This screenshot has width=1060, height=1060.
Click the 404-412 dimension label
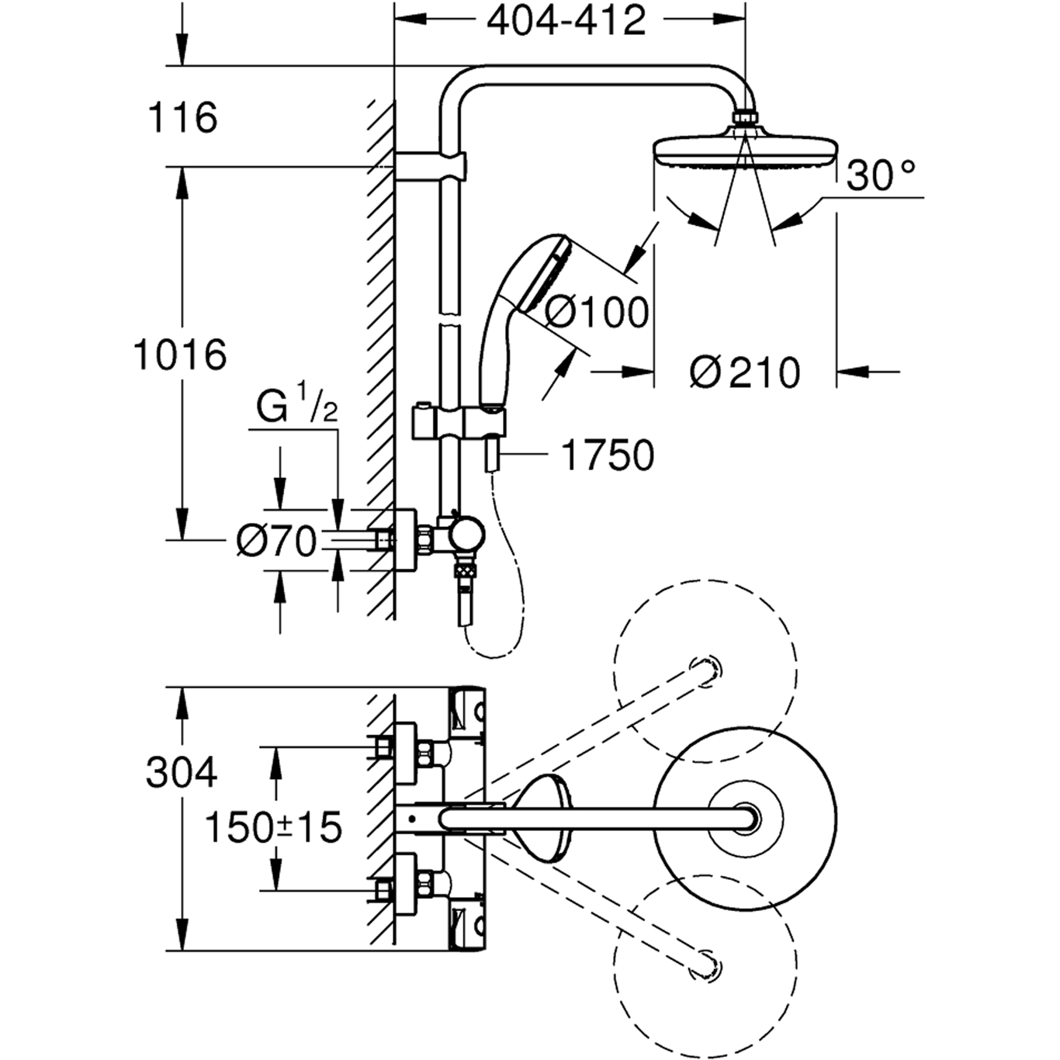point(566,22)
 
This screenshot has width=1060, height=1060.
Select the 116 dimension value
point(182,118)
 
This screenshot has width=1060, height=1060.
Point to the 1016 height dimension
point(180,355)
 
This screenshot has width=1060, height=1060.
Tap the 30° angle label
point(880,176)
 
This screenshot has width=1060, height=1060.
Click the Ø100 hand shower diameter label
point(596,312)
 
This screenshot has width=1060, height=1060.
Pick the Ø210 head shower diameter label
point(744,372)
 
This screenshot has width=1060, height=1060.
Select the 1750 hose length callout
point(607,456)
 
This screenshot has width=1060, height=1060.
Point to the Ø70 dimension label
point(276,541)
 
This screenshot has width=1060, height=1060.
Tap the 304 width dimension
point(182,773)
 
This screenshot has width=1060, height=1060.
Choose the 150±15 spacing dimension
point(272,828)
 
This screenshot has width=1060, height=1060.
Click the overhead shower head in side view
point(744,151)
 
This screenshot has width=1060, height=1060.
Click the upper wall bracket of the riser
point(431,165)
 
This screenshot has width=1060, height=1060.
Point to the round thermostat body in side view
point(468,535)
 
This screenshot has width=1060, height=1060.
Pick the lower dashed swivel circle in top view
point(705,966)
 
